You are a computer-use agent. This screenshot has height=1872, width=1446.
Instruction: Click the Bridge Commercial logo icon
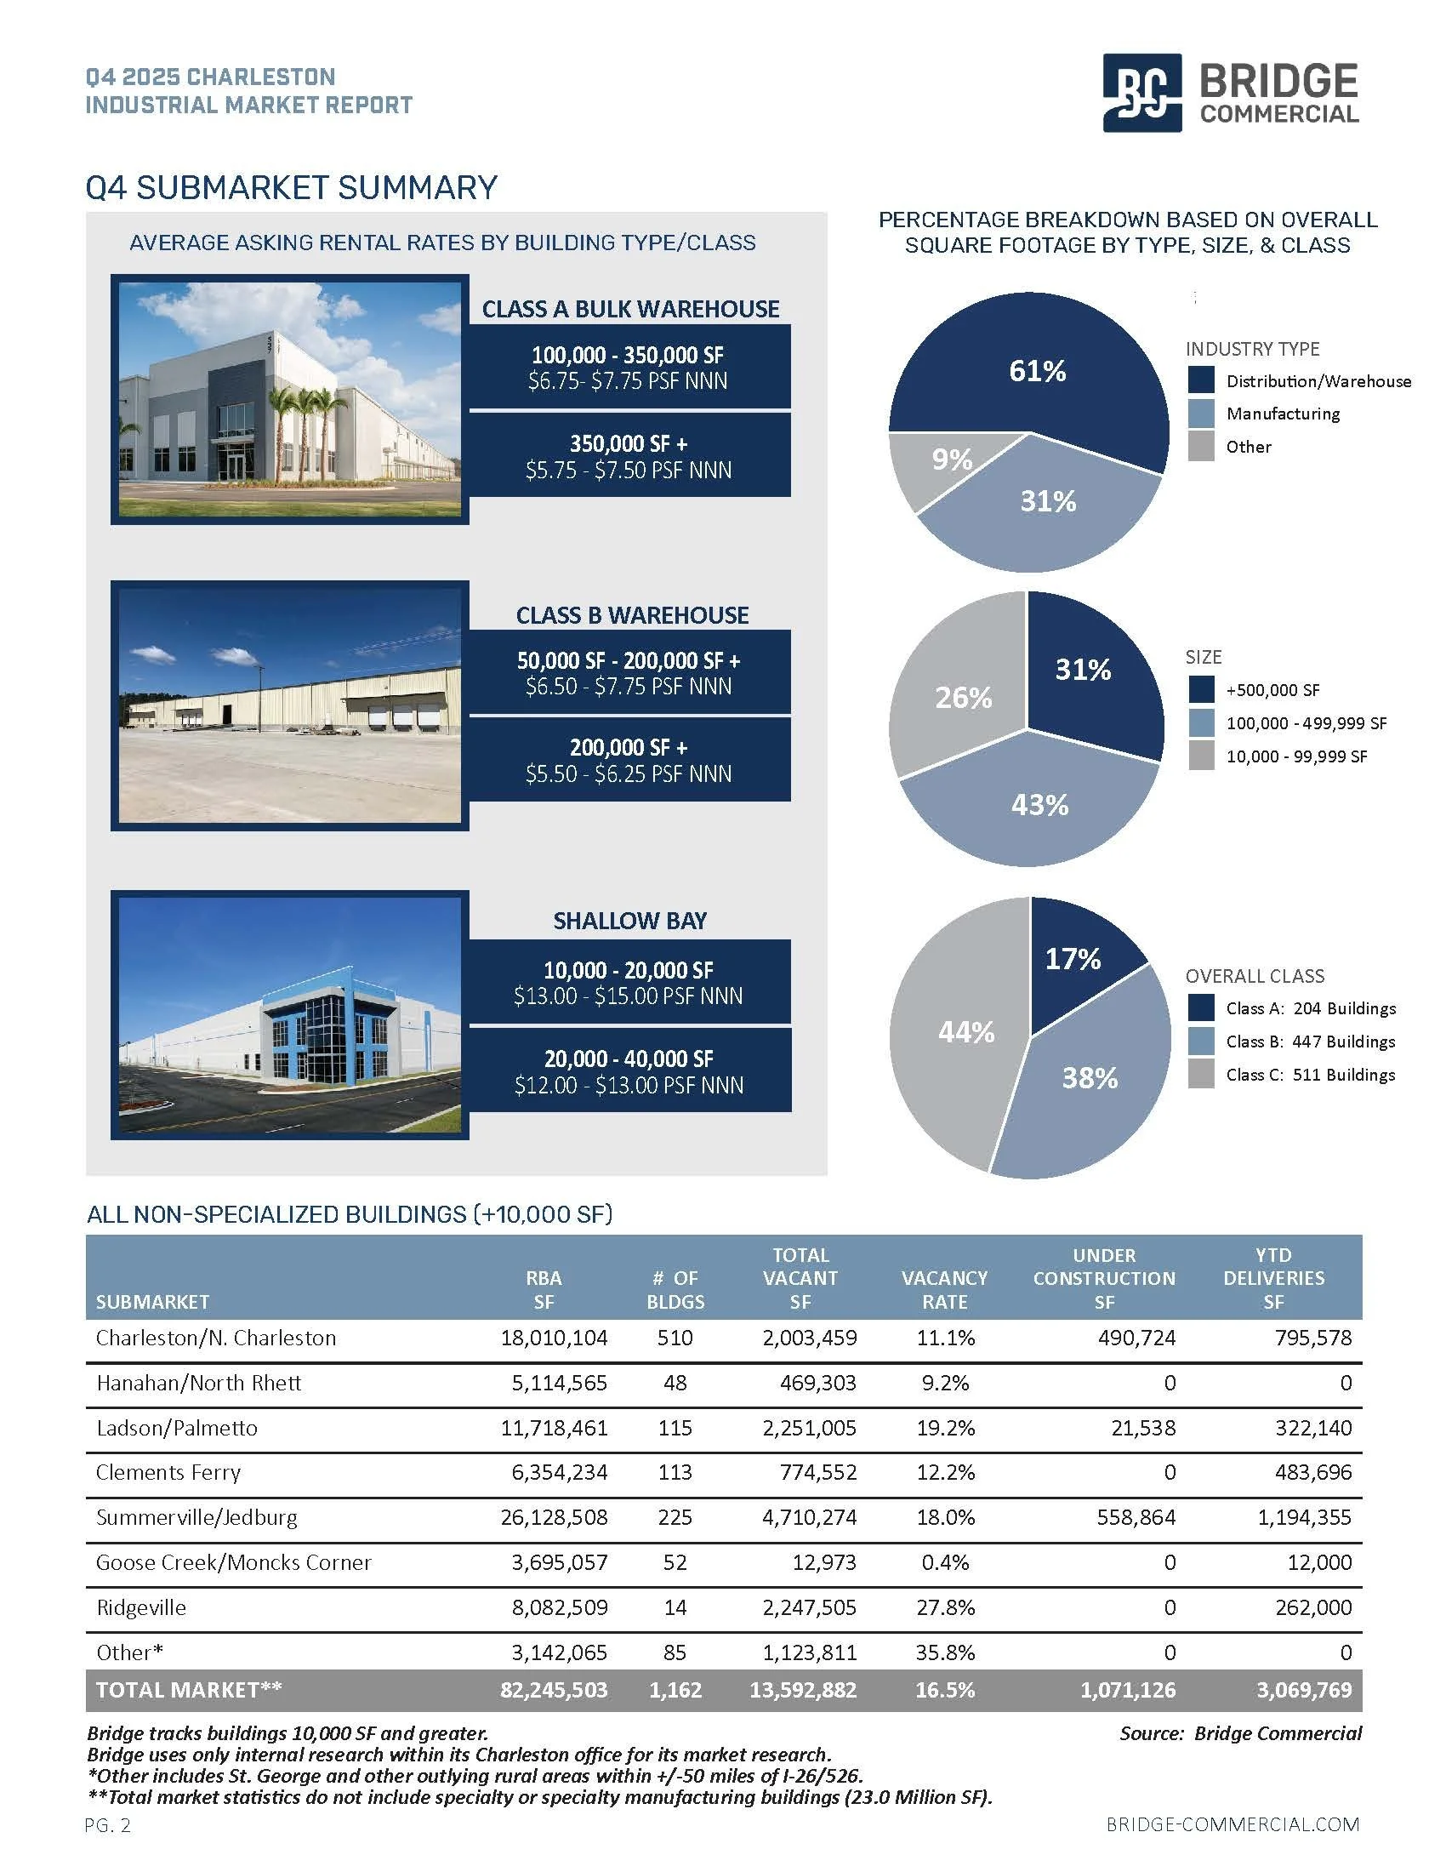pos(1141,93)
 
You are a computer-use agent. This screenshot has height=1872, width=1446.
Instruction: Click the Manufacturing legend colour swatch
pos(1201,414)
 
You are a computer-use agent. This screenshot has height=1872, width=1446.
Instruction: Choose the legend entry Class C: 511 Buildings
pos(1310,1075)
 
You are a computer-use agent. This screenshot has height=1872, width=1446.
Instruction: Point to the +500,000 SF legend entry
pos(1272,690)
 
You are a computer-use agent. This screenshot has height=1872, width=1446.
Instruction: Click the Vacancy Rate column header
pos(944,1289)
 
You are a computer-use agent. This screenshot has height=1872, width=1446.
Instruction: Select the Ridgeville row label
pos(140,1607)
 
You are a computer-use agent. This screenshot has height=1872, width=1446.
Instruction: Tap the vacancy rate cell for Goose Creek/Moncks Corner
pos(945,1562)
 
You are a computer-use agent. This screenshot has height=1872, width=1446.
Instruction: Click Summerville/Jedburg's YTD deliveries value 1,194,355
pos(1304,1517)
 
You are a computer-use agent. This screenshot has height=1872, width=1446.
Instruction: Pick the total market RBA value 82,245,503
pos(554,1690)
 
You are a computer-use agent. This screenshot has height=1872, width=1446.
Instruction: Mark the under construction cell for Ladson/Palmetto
pos(1142,1428)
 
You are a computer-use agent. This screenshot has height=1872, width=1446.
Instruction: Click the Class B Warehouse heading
pos(631,615)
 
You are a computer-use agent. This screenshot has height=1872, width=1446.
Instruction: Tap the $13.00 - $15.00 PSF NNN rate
pos(628,996)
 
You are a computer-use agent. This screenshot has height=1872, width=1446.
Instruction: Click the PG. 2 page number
pos(108,1826)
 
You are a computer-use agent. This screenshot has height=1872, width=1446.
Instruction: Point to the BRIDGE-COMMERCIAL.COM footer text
pos(1232,1825)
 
